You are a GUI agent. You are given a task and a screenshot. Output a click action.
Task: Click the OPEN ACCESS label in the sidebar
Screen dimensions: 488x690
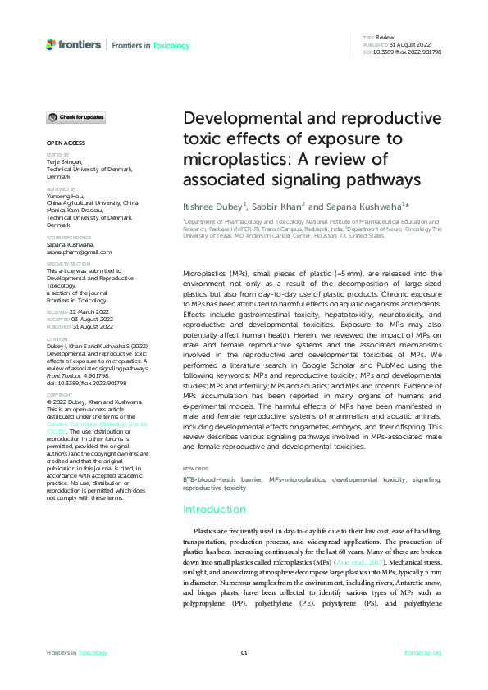tap(63, 143)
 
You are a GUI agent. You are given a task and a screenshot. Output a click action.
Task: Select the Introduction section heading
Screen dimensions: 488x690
tap(215, 509)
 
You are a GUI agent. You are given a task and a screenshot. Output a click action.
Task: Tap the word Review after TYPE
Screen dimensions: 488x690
tap(385, 38)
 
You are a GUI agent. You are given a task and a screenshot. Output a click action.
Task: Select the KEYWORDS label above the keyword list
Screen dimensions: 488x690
tap(194, 469)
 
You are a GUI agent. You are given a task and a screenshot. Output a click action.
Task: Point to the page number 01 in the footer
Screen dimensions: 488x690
tap(244, 652)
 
